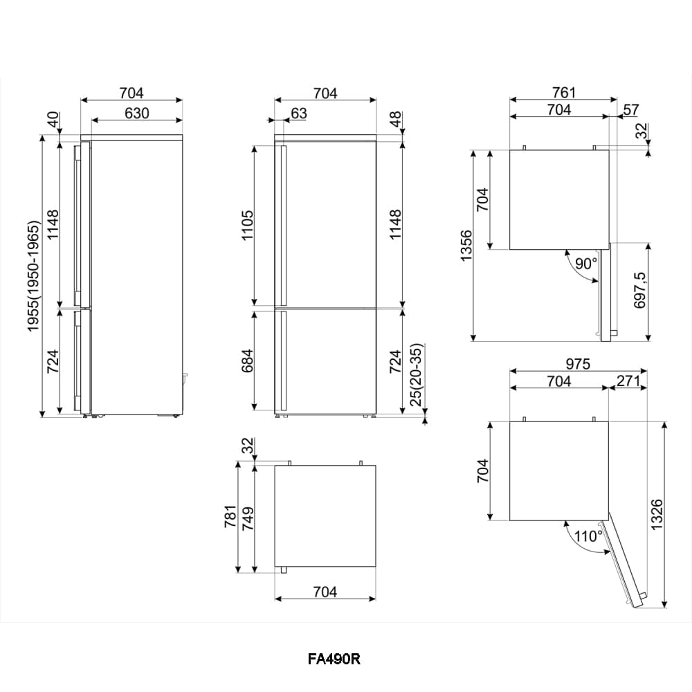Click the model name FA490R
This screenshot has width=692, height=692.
(x=334, y=659)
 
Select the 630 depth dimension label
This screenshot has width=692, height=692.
(x=137, y=113)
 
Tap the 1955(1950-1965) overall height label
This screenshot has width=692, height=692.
(x=33, y=276)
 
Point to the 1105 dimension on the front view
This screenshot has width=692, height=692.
(x=248, y=225)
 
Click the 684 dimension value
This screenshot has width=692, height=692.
(x=248, y=361)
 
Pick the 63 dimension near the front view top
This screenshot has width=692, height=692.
(x=299, y=113)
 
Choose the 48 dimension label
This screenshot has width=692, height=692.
(x=395, y=119)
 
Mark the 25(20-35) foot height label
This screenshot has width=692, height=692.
(x=416, y=374)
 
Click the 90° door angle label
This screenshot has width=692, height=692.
(x=586, y=264)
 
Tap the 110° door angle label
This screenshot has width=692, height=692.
(x=589, y=536)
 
